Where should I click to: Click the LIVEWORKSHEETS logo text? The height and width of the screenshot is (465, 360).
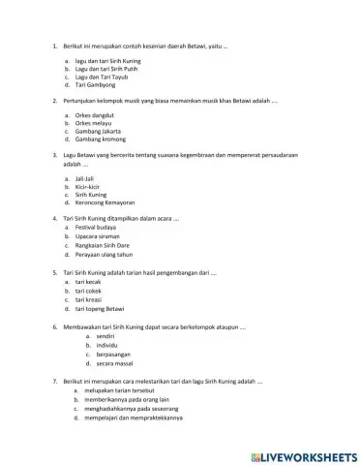(303, 455)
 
